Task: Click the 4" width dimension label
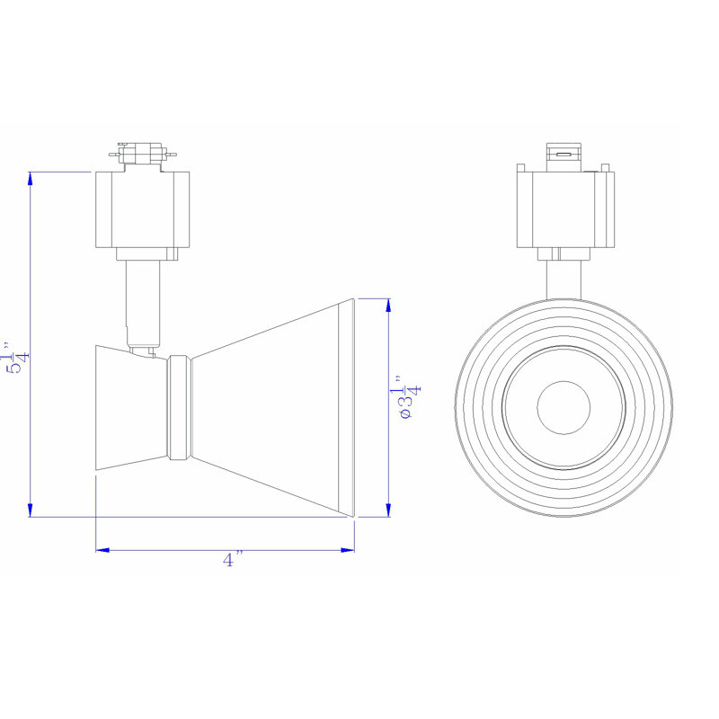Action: [x=233, y=560]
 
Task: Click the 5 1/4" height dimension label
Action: [x=17, y=357]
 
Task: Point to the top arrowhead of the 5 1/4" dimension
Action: [x=31, y=178]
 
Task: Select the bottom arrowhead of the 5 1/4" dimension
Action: [x=31, y=510]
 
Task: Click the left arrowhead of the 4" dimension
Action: [x=102, y=550]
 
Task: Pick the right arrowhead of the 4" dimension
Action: [x=348, y=550]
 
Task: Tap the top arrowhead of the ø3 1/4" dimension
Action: [x=388, y=306]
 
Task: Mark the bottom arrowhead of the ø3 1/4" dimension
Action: [x=388, y=510]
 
